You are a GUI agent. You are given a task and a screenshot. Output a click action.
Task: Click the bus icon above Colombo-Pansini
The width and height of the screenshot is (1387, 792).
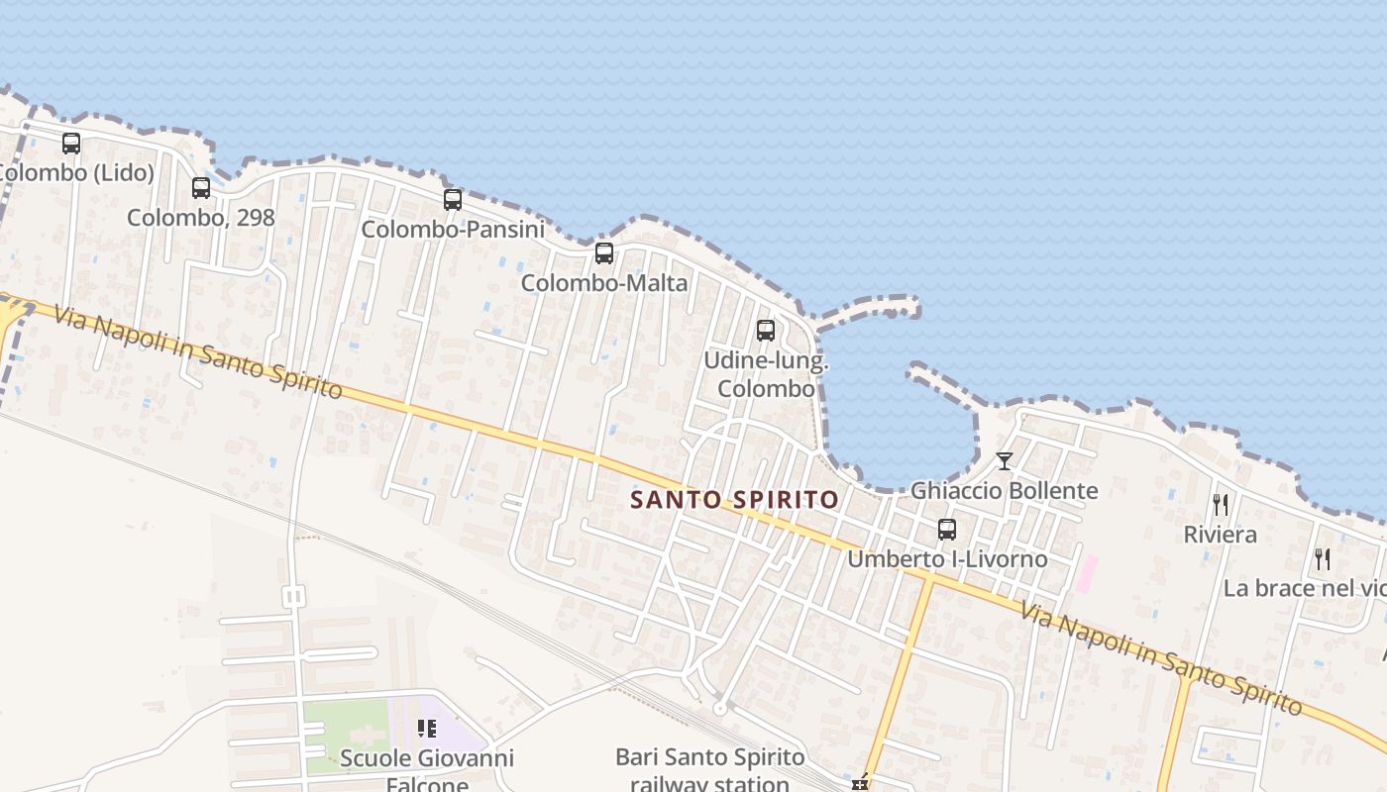point(453,199)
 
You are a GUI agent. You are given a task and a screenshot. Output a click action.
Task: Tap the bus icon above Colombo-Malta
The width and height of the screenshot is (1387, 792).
point(604,252)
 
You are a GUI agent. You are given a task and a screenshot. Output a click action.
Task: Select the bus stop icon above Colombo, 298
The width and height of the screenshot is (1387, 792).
point(201,187)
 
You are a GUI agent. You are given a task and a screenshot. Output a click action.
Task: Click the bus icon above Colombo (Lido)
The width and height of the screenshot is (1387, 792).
point(71,143)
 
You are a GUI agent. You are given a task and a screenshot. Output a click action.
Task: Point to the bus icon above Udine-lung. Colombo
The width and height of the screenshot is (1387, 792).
point(766,331)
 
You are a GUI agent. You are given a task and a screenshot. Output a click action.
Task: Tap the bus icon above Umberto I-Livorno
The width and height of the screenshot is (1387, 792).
point(947,529)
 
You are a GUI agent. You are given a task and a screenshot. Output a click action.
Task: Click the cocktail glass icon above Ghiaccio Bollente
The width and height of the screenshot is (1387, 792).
point(1005,460)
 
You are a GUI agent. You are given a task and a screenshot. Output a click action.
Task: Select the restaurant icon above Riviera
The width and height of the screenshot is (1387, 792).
point(1221,505)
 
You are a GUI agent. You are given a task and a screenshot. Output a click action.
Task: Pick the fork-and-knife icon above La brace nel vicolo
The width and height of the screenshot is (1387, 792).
point(1323,558)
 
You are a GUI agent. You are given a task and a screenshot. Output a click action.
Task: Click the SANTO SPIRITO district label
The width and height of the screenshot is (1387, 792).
point(735,499)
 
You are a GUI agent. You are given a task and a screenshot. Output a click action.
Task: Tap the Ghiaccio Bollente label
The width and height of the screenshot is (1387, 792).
point(1005,490)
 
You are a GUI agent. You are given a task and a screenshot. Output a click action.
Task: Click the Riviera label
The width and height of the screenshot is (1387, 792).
point(1221,535)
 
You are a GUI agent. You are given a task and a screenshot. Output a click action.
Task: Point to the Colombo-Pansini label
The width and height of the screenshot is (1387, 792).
point(453,229)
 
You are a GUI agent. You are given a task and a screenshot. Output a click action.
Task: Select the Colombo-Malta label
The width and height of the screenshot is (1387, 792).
point(604,282)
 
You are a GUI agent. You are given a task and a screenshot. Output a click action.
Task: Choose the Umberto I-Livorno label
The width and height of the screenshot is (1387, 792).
point(947,558)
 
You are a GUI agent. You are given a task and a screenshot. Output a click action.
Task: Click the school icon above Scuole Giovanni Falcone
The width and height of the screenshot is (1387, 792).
point(427,729)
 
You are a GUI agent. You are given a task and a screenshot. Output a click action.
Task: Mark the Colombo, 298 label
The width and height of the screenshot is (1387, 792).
point(201,217)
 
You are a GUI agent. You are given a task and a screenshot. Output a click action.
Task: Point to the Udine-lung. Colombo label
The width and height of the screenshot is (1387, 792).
point(766,374)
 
